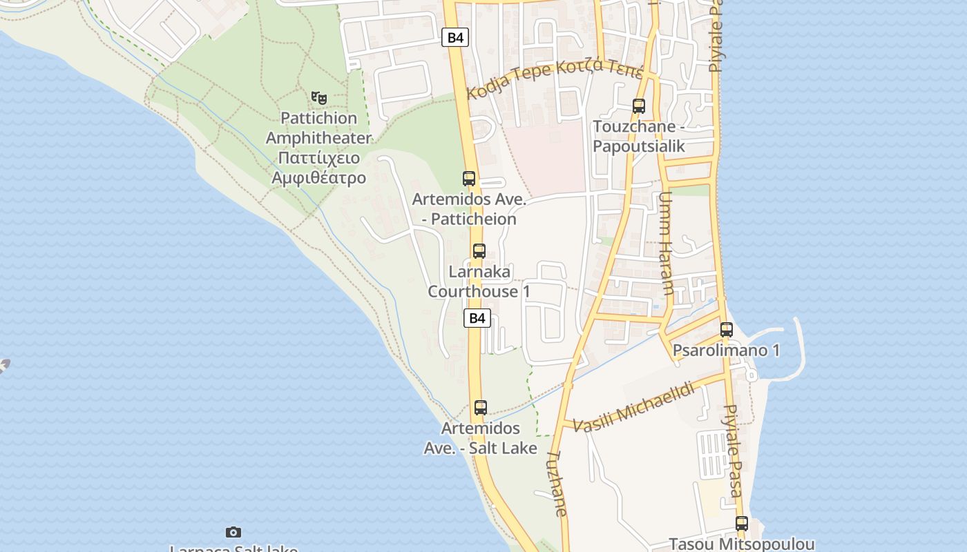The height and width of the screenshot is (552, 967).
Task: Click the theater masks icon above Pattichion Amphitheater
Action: click(x=318, y=98)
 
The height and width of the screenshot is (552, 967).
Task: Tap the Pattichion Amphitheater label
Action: click(x=318, y=148)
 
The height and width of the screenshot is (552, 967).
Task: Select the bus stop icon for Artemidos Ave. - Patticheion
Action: click(x=469, y=179)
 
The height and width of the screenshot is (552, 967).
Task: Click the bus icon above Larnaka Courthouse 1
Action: click(x=479, y=251)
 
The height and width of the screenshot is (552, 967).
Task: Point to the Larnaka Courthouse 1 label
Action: click(x=479, y=282)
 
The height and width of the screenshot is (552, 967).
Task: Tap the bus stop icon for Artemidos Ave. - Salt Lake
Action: click(x=481, y=408)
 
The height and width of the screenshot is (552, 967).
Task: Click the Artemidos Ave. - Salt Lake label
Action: click(x=480, y=438)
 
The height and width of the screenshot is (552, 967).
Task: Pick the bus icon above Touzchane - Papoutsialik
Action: click(x=639, y=106)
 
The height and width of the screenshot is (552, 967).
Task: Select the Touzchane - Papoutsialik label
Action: click(x=639, y=137)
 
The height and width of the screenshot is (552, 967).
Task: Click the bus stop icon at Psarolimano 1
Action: click(x=726, y=330)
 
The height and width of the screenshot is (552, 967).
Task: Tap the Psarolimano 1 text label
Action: click(x=726, y=351)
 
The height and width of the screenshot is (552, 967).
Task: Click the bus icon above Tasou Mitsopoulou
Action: click(x=742, y=524)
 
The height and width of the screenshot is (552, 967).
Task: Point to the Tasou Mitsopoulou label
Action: click(x=742, y=544)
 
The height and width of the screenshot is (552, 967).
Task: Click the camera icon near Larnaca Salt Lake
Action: click(x=233, y=532)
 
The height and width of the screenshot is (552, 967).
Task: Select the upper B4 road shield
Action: click(x=455, y=37)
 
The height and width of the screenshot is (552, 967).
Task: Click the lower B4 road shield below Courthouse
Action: click(x=477, y=318)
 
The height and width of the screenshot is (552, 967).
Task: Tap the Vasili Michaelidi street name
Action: click(x=633, y=406)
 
